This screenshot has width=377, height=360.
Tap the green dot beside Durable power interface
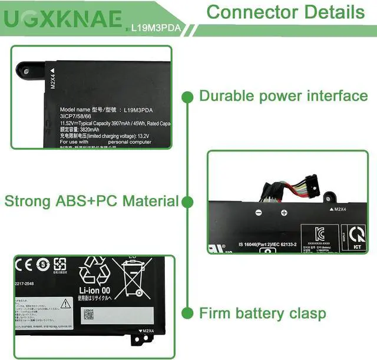(188, 96)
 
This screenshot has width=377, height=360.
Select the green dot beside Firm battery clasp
(188, 312)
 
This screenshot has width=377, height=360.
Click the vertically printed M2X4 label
(53, 80)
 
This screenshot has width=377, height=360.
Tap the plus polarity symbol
(283, 213)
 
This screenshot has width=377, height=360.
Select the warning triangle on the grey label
(65, 304)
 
